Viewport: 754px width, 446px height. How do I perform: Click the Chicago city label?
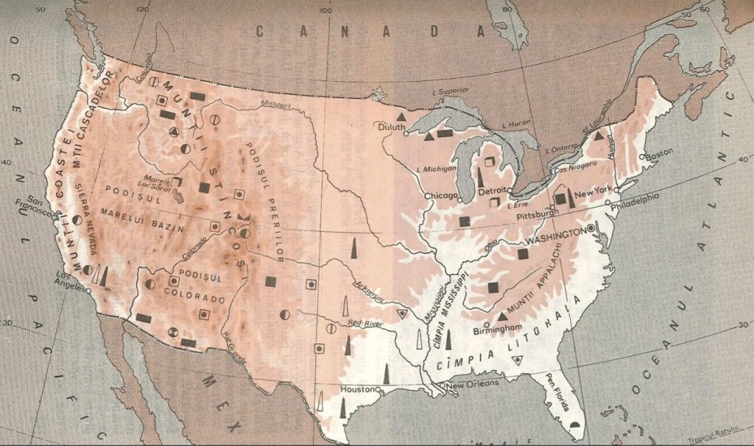pyautogui.click(x=440, y=196)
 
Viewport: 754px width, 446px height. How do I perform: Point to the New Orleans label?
pyautogui.click(x=473, y=383)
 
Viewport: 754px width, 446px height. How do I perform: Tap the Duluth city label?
pyautogui.click(x=392, y=126)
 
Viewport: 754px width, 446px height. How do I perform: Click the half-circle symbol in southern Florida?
pyautogui.click(x=576, y=425)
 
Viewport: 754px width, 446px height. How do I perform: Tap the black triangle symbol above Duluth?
pyautogui.click(x=401, y=117)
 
